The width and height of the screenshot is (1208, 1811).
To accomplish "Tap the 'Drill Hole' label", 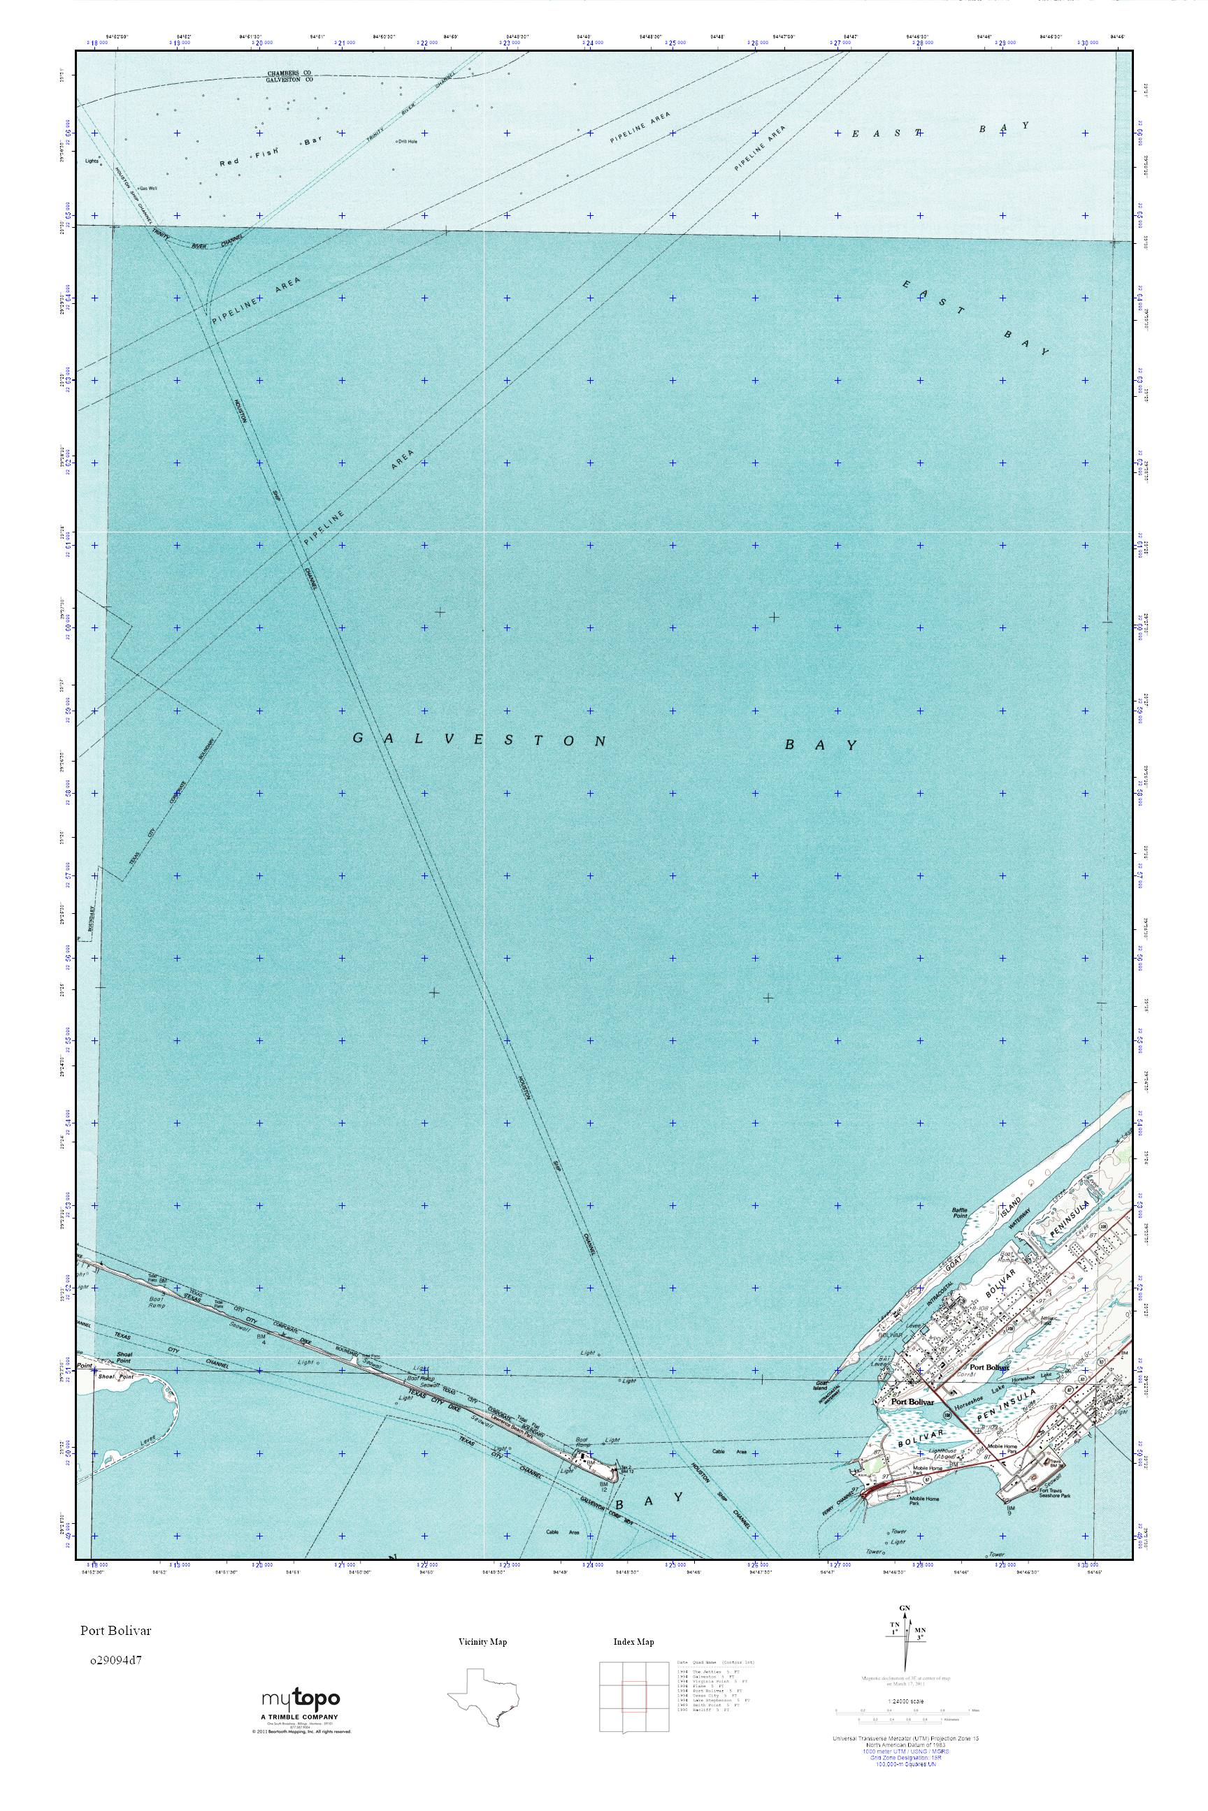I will click(407, 141).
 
